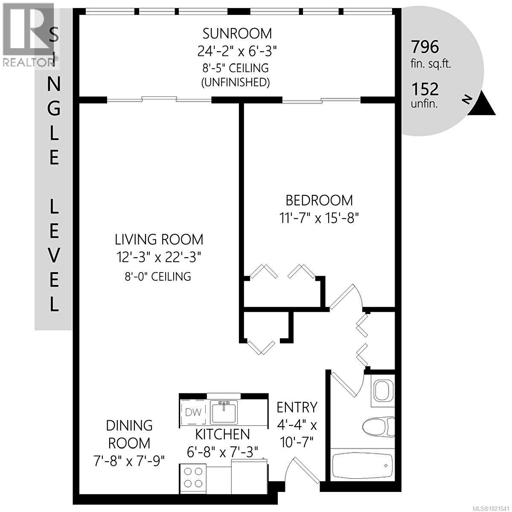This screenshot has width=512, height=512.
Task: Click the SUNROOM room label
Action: coord(237,33)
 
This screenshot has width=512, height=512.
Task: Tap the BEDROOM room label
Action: coord(319,200)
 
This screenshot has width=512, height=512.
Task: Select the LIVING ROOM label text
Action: coord(159,239)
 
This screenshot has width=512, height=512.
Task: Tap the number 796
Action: coord(425,47)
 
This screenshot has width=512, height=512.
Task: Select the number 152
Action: coord(425,89)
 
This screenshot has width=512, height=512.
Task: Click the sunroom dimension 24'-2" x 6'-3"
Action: coord(237,51)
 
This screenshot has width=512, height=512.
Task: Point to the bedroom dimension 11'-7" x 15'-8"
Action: coord(319,218)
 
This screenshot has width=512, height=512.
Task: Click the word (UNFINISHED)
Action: coord(236,82)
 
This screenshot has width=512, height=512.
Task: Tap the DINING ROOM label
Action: coord(129,434)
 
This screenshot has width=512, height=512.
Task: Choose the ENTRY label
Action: coord(297,407)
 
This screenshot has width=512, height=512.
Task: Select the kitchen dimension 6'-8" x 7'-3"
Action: coord(223,452)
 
